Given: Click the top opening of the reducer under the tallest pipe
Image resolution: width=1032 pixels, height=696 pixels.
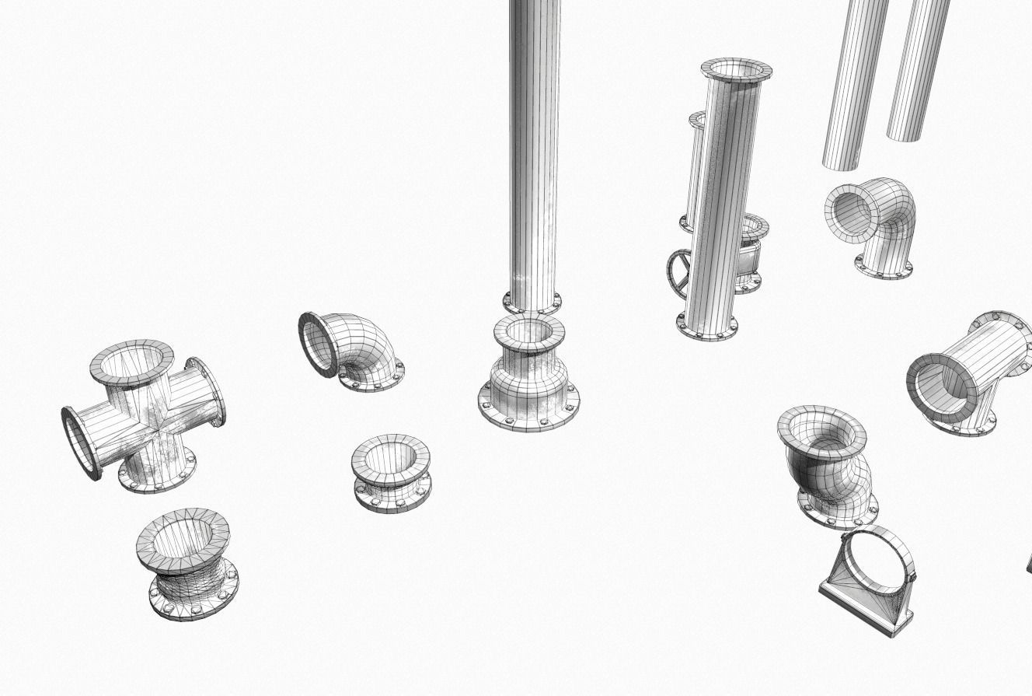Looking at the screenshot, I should click(529, 333).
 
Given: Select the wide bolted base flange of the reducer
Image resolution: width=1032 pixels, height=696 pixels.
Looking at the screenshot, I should click(529, 412).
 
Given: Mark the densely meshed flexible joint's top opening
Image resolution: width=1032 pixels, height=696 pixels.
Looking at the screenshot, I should click(183, 537).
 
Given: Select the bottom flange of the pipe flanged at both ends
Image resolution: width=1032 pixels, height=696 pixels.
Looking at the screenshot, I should click(707, 327).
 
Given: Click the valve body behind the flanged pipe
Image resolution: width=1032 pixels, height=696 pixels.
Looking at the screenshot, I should click(748, 257).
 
